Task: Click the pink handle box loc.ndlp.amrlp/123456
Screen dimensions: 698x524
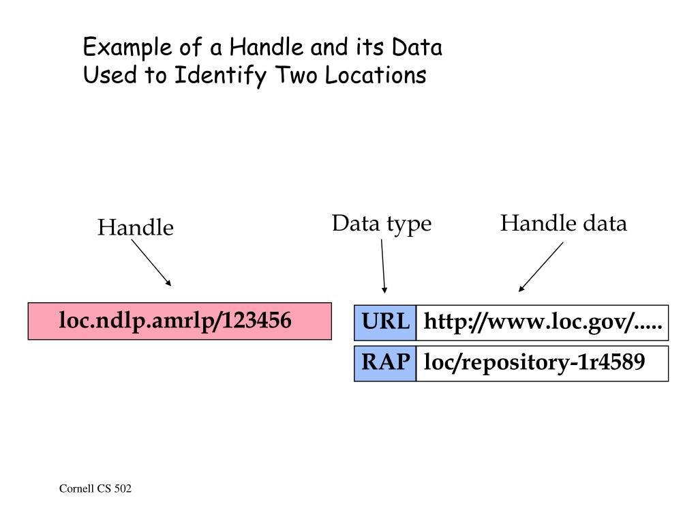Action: (179, 321)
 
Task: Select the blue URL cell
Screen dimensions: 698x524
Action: (385, 323)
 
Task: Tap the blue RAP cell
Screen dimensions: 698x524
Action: (385, 363)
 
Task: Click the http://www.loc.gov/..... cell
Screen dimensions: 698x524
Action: (542, 323)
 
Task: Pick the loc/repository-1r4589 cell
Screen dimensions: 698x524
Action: (542, 363)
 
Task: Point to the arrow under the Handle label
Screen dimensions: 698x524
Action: (151, 262)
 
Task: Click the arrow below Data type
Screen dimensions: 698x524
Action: (383, 265)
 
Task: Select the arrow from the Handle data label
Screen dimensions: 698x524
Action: (541, 267)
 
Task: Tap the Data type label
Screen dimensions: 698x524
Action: (382, 224)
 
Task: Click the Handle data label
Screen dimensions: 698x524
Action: (563, 224)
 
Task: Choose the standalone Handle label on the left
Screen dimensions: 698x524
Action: (135, 228)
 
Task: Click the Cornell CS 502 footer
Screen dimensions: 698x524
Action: (95, 489)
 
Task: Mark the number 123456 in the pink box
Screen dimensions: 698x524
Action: (258, 320)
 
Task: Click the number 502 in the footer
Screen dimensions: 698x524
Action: (123, 489)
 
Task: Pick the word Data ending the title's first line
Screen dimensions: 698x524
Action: (417, 48)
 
